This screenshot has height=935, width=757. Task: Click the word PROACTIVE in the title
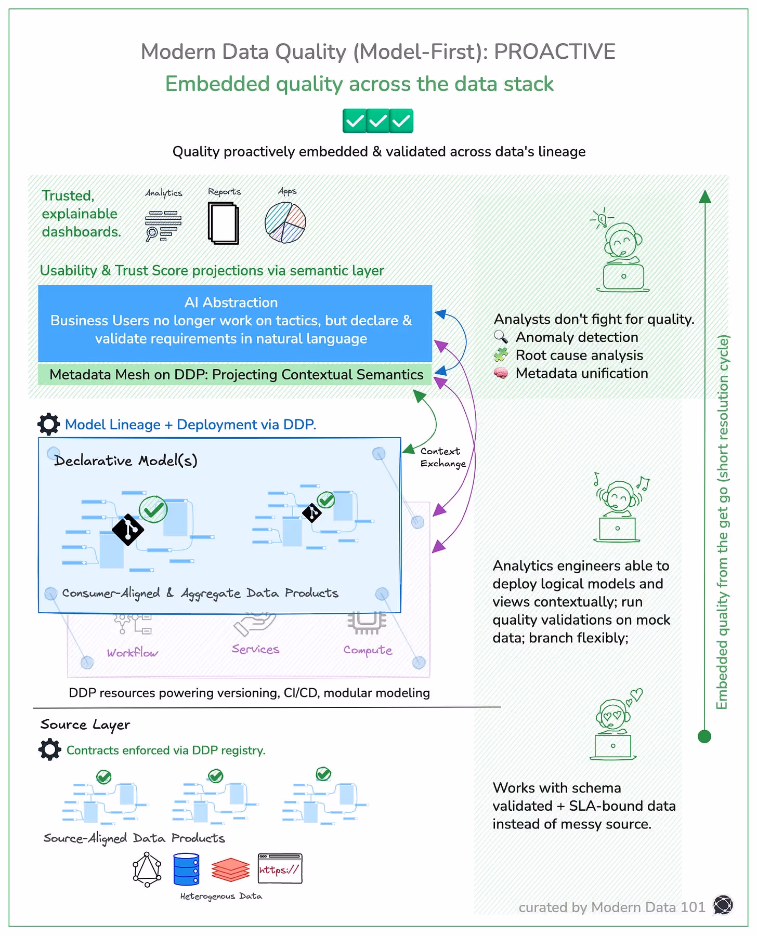tap(554, 52)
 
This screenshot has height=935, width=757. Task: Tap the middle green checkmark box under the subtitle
tap(378, 121)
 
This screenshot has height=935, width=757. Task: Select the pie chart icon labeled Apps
tap(285, 222)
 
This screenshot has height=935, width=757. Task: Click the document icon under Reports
tap(224, 223)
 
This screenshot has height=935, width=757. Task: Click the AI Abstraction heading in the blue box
tap(231, 302)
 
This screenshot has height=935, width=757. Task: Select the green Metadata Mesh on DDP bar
tap(235, 375)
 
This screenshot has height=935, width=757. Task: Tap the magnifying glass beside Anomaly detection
tap(501, 337)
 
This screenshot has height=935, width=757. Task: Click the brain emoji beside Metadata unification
tap(501, 373)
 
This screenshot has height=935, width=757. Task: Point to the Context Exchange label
tap(442, 457)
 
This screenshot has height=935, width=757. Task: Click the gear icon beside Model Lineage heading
tap(49, 424)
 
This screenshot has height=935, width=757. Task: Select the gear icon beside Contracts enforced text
tap(49, 749)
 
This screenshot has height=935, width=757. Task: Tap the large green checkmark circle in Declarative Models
tap(153, 509)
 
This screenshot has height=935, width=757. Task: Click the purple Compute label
tap(368, 650)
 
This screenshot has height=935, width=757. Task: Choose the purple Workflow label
tap(133, 653)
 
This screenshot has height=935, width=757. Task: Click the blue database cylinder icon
tap(186, 869)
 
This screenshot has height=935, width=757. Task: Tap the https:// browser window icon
tap(280, 868)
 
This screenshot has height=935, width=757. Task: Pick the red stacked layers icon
tap(230, 870)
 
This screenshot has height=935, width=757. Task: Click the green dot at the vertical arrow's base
tap(704, 736)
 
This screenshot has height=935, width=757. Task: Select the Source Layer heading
tap(85, 725)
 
